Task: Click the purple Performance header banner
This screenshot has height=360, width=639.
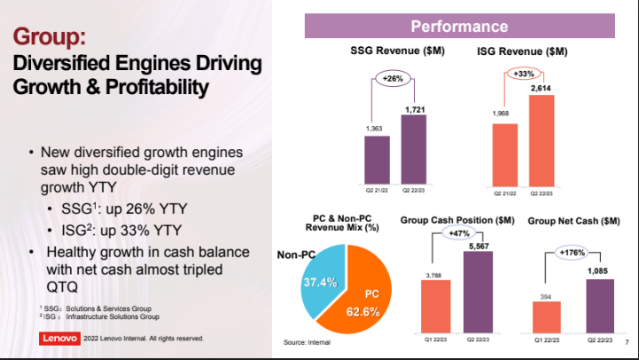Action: [459, 26]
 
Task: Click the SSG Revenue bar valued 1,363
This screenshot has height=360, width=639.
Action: [377, 160]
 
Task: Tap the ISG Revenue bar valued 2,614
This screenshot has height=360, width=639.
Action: [541, 139]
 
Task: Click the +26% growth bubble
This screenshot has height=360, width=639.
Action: [393, 79]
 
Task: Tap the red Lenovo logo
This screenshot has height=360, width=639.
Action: [60, 338]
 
